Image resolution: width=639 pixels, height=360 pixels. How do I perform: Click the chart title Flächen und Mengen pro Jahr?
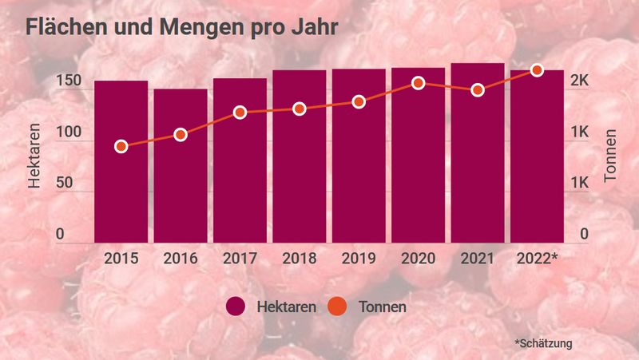181,27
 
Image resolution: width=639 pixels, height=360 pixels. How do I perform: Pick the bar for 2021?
478,152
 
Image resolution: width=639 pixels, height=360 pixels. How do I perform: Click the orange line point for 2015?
121,146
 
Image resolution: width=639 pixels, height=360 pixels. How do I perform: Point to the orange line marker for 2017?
240,113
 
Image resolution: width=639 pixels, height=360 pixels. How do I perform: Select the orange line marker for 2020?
418,83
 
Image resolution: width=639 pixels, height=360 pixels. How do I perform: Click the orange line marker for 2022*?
537,70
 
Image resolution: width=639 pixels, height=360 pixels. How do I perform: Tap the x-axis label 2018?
300,259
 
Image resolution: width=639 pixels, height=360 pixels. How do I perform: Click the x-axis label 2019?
359,259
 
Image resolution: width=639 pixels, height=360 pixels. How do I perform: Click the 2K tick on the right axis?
579,82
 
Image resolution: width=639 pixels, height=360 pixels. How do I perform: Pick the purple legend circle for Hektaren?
236,307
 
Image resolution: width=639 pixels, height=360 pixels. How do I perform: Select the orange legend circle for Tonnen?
338,307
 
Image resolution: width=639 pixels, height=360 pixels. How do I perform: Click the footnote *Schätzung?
544,343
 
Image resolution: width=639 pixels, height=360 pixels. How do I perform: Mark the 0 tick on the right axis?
584,234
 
